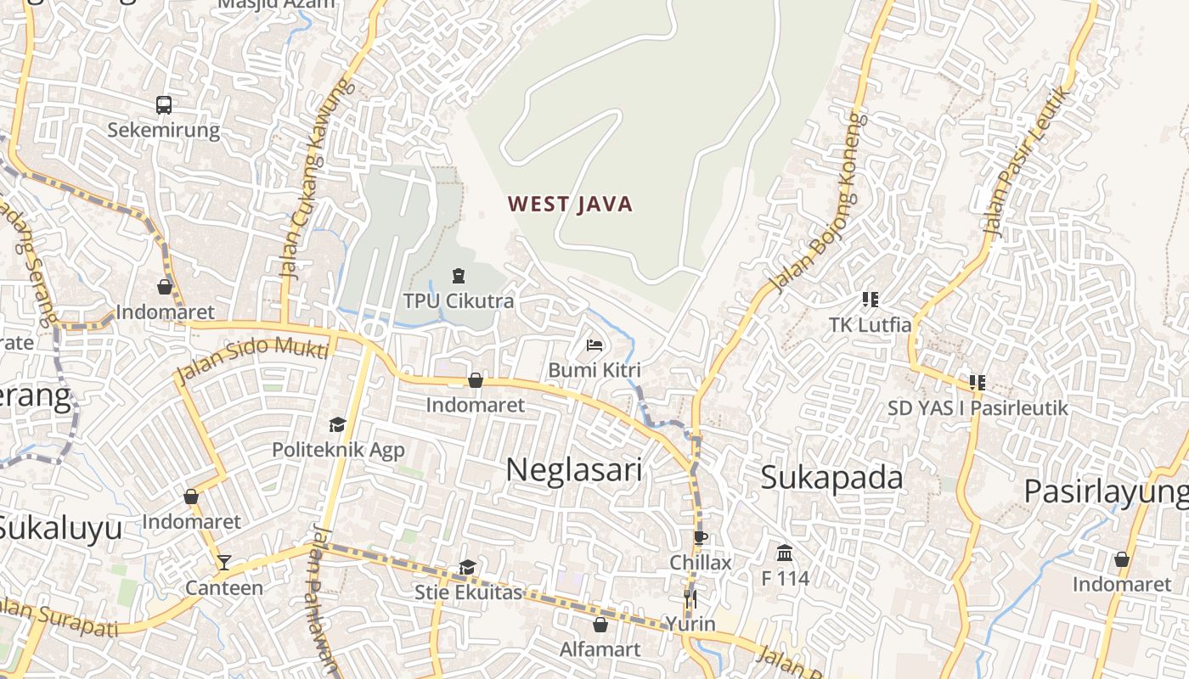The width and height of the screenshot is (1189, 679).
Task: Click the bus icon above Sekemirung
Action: pyautogui.click(x=164, y=105)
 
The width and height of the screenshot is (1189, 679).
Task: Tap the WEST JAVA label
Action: pyautogui.click(x=571, y=204)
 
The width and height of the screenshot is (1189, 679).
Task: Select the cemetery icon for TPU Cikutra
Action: pyautogui.click(x=459, y=276)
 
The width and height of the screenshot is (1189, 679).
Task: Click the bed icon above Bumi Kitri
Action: pyautogui.click(x=594, y=345)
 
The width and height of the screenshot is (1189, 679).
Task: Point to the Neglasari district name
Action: pyautogui.click(x=574, y=469)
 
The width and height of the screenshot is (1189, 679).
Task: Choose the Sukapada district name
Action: pyautogui.click(x=831, y=477)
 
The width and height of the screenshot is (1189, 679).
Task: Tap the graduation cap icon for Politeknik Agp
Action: pyautogui.click(x=338, y=424)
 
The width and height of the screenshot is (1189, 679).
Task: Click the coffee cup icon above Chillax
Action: pyautogui.click(x=700, y=537)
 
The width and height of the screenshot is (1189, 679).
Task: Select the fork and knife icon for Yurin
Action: pyautogui.click(x=690, y=598)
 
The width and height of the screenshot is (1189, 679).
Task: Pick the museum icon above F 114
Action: pyautogui.click(x=785, y=553)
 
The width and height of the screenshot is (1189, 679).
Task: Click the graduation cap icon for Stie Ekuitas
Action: pyautogui.click(x=467, y=567)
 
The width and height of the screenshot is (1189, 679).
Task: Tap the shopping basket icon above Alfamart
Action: pyautogui.click(x=600, y=625)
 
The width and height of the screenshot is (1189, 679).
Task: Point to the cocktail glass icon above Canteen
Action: pyautogui.click(x=223, y=562)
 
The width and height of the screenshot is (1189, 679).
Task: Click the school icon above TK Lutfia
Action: pyautogui.click(x=870, y=299)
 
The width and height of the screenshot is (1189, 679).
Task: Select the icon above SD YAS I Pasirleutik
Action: pyautogui.click(x=978, y=383)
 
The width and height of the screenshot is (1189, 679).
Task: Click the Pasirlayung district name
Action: pyautogui.click(x=1106, y=491)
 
